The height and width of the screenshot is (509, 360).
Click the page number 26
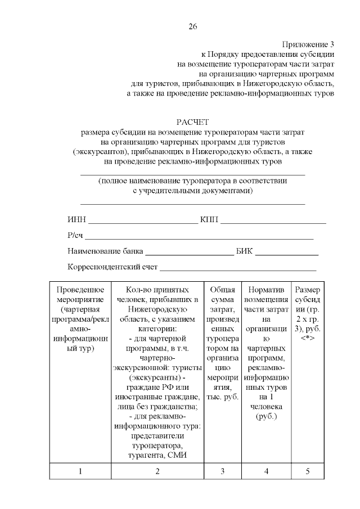(192, 26)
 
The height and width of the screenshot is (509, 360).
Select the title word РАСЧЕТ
(192, 121)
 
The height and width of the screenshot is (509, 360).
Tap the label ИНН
(76, 219)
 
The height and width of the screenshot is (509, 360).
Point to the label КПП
(209, 219)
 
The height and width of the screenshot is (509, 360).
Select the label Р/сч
(75, 235)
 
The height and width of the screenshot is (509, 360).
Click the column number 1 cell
(80, 471)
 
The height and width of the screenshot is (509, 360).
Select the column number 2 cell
(157, 471)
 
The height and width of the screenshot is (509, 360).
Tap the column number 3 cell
(222, 471)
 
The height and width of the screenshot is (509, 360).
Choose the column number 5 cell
(308, 471)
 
